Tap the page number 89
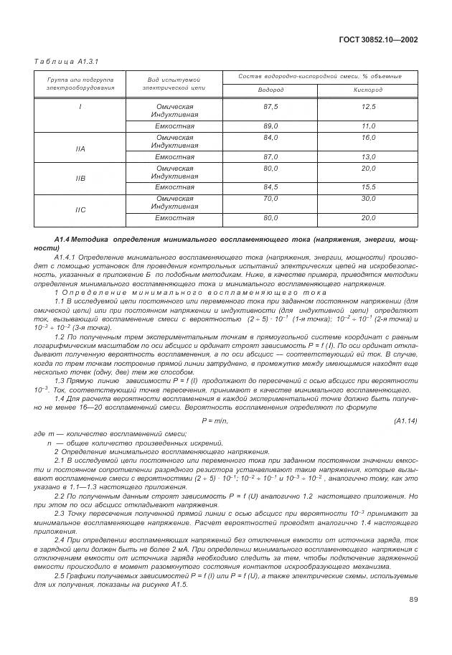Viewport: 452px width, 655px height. (x=414, y=618)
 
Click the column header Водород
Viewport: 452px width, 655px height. (x=270, y=90)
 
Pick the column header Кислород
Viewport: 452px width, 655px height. (x=368, y=90)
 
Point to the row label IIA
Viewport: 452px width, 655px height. (x=80, y=149)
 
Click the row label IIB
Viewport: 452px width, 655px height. (x=80, y=178)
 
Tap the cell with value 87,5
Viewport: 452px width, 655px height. (x=270, y=106)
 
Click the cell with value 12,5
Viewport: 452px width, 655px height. (x=368, y=106)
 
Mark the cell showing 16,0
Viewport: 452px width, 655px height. (x=368, y=137)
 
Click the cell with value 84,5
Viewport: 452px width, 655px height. (x=270, y=187)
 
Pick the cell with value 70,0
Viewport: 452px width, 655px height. (x=270, y=198)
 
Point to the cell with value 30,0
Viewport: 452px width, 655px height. (x=368, y=198)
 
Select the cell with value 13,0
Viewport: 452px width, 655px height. (x=368, y=156)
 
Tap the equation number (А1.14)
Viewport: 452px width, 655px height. (x=405, y=420)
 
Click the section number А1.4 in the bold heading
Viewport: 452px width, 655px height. (x=62, y=237)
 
